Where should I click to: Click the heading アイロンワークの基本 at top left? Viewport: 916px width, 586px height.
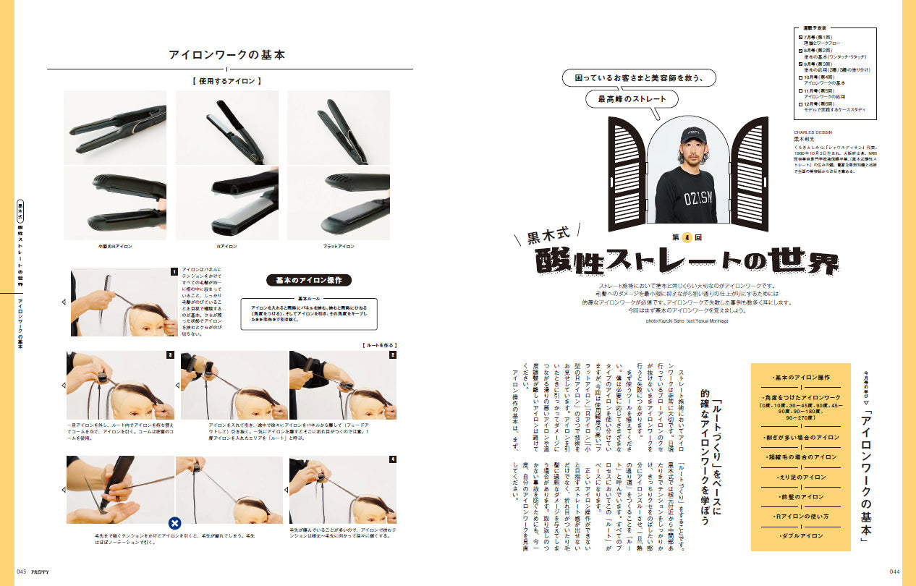tap(226, 55)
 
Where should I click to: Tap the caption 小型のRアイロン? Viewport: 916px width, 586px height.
tap(116, 246)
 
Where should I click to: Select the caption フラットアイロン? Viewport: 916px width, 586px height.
tap(339, 246)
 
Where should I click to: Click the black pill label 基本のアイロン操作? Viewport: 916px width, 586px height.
tap(309, 280)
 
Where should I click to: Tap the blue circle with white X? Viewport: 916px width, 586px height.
tap(174, 523)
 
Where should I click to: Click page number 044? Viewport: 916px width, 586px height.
tap(894, 571)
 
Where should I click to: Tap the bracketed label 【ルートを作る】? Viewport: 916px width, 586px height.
tap(379, 346)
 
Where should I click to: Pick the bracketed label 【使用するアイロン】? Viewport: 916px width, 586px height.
tap(226, 81)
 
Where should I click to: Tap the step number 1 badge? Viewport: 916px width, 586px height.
tap(174, 272)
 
